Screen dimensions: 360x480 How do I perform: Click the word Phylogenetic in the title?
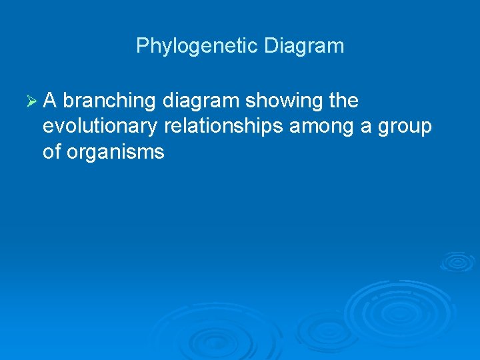click(x=197, y=46)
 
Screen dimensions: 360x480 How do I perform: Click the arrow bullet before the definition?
click(x=31, y=101)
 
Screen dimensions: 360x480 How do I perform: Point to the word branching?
click(x=109, y=101)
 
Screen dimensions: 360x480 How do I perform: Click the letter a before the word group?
click(x=366, y=127)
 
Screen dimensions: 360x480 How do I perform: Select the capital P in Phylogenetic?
click(x=142, y=46)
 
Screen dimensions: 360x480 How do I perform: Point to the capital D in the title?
click(x=271, y=46)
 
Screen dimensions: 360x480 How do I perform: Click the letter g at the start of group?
click(x=384, y=128)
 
